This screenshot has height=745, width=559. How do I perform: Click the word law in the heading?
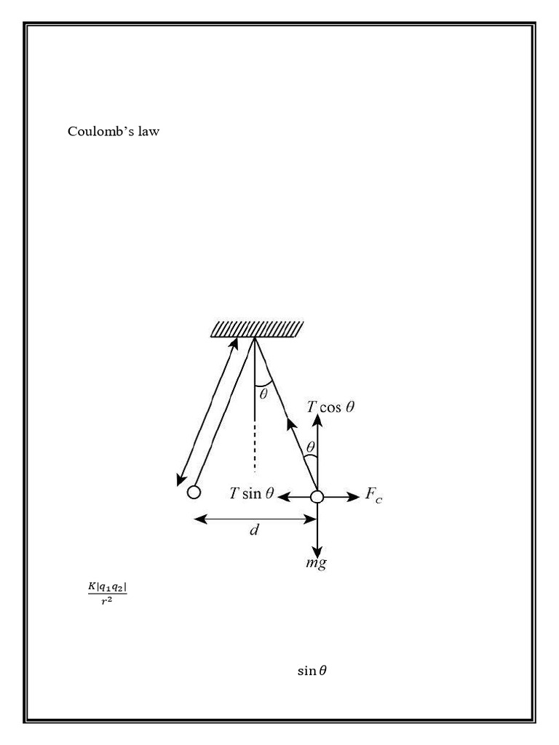tap(144, 132)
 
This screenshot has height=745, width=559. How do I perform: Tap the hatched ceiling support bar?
tap(257, 330)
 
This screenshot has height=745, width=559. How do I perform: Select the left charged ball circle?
tap(194, 493)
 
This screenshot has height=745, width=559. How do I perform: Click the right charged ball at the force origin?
tap(317, 497)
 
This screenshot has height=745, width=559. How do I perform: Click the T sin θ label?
tap(251, 494)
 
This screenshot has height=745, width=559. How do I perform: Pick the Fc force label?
tap(373, 497)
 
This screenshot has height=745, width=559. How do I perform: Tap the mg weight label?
tap(315, 563)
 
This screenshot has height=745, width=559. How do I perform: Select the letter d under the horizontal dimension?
tap(254, 531)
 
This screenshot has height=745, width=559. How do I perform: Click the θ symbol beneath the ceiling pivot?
tap(263, 394)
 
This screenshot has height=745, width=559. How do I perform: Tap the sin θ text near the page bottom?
tap(312, 670)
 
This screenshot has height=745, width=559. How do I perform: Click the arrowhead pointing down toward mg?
tap(317, 551)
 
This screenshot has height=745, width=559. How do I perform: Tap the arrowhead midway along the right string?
tap(292, 423)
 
